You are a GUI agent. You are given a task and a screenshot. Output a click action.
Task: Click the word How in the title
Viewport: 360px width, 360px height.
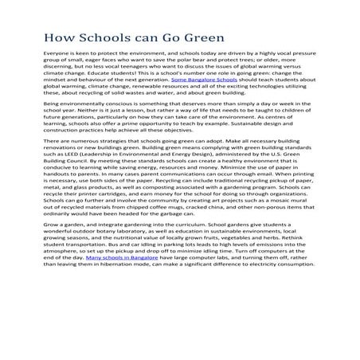(x=57, y=37)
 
